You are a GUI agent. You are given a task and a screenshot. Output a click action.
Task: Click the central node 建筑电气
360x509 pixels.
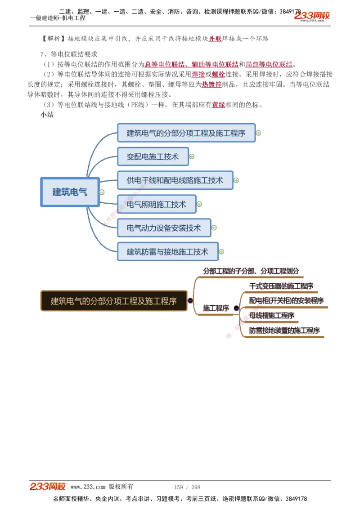tap(70, 192)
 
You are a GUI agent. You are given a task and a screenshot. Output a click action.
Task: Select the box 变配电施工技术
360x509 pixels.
tap(153, 157)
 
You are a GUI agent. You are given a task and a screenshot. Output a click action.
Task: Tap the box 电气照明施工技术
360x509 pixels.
tap(156, 205)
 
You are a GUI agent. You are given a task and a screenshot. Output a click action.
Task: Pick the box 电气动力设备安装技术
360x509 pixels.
tap(164, 228)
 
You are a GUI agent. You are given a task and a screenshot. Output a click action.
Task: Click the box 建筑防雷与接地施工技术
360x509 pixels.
tap(167, 252)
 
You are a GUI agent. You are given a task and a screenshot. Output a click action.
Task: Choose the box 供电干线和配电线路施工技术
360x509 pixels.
tap(175, 180)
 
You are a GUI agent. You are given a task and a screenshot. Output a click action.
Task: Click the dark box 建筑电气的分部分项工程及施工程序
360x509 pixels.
tap(113, 301)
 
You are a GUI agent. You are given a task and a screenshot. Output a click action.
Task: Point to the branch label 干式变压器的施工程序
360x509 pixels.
tap(281, 286)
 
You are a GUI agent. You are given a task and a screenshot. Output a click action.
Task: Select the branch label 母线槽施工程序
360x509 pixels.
tap(272, 316)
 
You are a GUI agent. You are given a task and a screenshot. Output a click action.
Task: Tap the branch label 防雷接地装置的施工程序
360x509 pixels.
tap(284, 330)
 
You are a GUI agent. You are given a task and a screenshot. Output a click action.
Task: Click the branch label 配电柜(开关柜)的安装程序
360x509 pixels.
tap(286, 300)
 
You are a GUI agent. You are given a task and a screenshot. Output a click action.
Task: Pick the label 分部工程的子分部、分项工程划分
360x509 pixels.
tap(251, 271)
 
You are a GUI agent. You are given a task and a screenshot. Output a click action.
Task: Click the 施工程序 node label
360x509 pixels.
tap(216, 308)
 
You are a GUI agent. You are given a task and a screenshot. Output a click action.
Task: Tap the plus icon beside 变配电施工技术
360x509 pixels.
tap(192, 157)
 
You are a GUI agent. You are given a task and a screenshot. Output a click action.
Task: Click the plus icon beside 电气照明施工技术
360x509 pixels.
tap(199, 205)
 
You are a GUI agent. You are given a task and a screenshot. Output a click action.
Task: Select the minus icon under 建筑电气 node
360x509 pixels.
tap(102, 192)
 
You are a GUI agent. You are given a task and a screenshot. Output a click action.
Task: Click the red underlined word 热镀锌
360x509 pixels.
tap(211, 85)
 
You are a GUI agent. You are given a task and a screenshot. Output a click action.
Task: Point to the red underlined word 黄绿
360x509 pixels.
tap(219, 105)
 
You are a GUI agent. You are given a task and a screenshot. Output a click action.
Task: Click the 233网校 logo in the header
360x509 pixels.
tap(312, 16)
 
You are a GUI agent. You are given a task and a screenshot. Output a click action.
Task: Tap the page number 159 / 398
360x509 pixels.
tap(187, 487)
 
